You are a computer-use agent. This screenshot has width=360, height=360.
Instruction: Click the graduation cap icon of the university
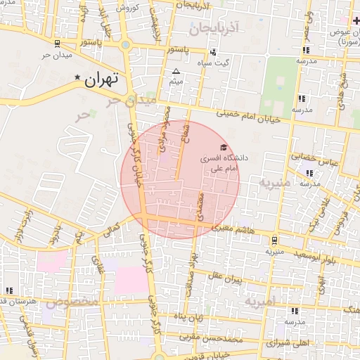[x=224, y=148]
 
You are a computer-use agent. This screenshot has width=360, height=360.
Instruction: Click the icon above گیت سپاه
[x=214, y=51]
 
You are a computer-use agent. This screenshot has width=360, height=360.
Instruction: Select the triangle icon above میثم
[x=176, y=71]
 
